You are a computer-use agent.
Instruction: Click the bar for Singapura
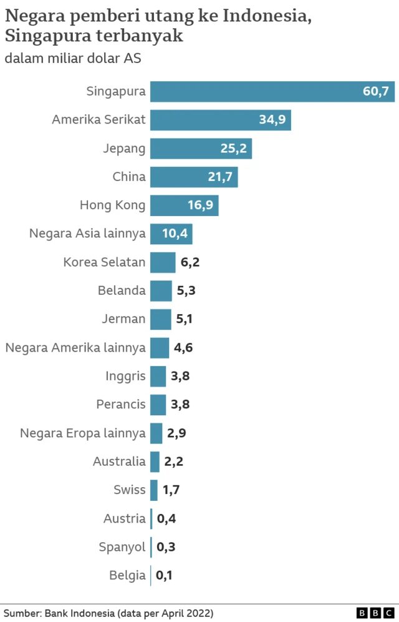pyautogui.click(x=272, y=91)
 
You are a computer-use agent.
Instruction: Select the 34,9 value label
pyautogui.click(x=272, y=120)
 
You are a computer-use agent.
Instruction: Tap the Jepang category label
pyautogui.click(x=124, y=149)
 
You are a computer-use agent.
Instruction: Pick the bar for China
pyautogui.click(x=194, y=177)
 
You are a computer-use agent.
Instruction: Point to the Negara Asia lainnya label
pyautogui.click(x=87, y=234)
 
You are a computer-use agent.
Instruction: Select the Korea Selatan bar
pyautogui.click(x=163, y=262)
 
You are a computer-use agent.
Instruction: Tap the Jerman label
pyautogui.click(x=123, y=319)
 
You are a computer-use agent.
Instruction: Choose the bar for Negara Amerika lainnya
pyautogui.click(x=160, y=348)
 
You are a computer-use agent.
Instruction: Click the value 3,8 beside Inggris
pyautogui.click(x=180, y=376)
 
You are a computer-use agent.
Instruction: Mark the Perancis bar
pyautogui.click(x=158, y=405)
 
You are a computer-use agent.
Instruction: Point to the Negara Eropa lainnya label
pyautogui.click(x=83, y=433)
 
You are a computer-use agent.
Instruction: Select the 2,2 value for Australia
pyautogui.click(x=174, y=462)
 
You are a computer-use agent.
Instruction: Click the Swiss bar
pyautogui.click(x=154, y=490)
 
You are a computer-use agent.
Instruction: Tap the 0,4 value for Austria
pyautogui.click(x=165, y=518)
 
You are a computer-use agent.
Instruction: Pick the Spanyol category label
pyautogui.click(x=122, y=547)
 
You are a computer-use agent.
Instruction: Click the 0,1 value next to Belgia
pyautogui.click(x=164, y=575)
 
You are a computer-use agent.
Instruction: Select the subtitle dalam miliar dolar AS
pyautogui.click(x=73, y=59)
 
